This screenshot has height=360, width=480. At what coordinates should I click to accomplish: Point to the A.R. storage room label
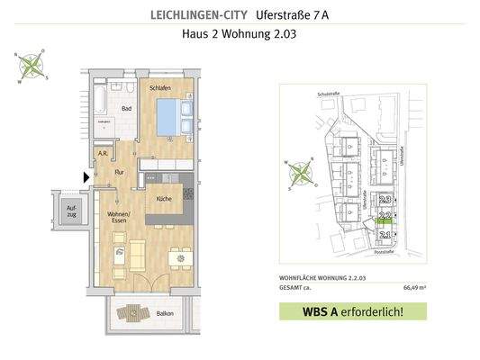(104, 153)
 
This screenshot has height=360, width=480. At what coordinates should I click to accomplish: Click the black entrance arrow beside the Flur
(86, 178)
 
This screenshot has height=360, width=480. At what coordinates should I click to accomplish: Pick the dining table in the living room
(179, 257)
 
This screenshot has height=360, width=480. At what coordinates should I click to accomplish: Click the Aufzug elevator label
(71, 213)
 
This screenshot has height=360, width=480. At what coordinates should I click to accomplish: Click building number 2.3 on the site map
(385, 200)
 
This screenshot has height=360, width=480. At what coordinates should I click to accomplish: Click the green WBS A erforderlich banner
(352, 312)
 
